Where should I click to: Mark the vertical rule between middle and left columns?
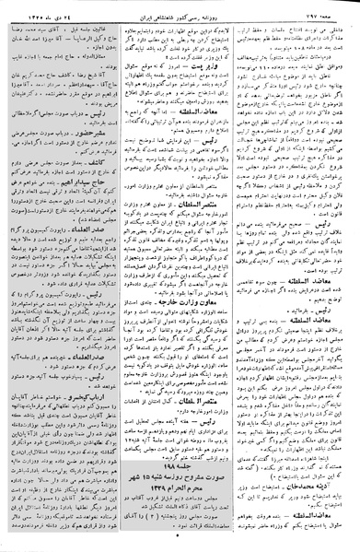coord(122,276)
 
